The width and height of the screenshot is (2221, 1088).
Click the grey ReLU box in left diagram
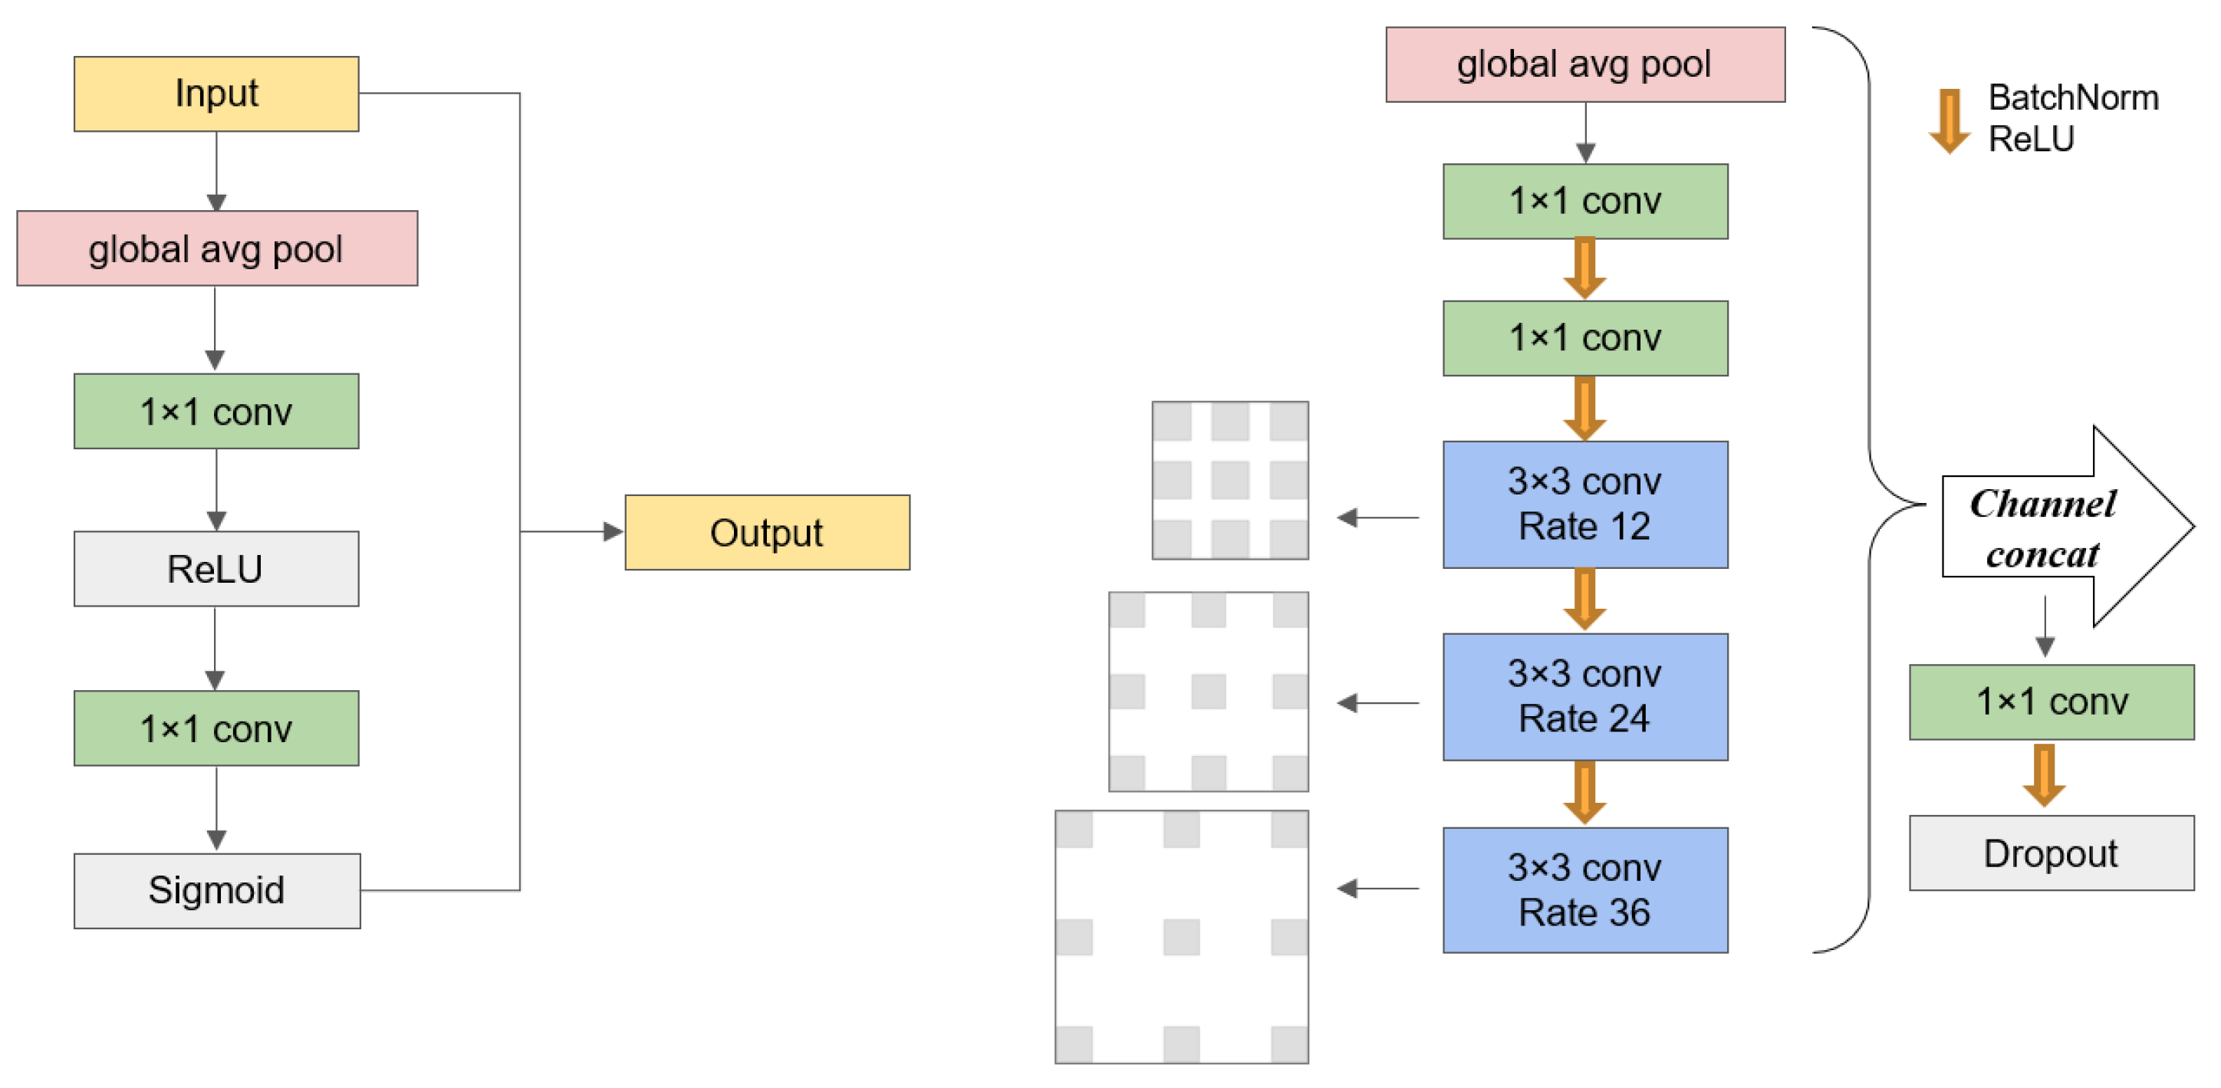click(216, 569)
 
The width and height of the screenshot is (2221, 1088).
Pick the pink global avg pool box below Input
click(216, 248)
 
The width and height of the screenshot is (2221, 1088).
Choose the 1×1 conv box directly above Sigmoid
click(216, 728)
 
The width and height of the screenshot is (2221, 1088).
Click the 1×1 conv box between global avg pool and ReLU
click(216, 411)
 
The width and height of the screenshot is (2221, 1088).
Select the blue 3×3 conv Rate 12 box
click(1584, 505)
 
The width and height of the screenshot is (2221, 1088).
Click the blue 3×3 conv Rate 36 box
click(1584, 889)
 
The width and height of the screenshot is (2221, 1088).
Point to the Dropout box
click(2052, 853)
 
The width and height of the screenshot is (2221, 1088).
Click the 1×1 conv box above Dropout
click(2052, 702)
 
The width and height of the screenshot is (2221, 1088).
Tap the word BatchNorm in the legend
click(2073, 98)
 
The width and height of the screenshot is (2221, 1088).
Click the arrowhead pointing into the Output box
click(613, 532)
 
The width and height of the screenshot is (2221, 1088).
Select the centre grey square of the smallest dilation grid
click(1229, 480)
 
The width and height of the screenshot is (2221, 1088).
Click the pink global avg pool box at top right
click(1584, 64)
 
